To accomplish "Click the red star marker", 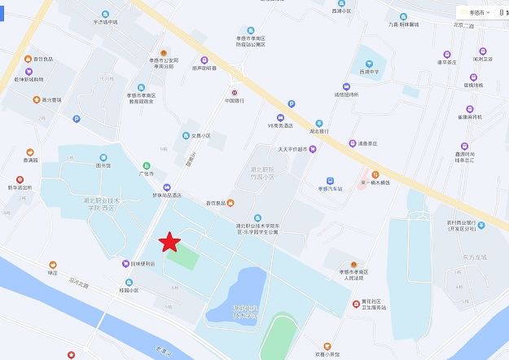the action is [169, 242].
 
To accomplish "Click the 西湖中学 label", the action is [370, 72].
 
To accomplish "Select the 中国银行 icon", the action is [235, 92].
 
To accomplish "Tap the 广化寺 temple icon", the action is [147, 165].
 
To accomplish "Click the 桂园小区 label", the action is [129, 290].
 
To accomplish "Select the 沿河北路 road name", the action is [79, 284].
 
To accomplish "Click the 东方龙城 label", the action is [472, 257].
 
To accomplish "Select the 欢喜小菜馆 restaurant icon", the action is [327, 345].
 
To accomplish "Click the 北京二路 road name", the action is [463, 25].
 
